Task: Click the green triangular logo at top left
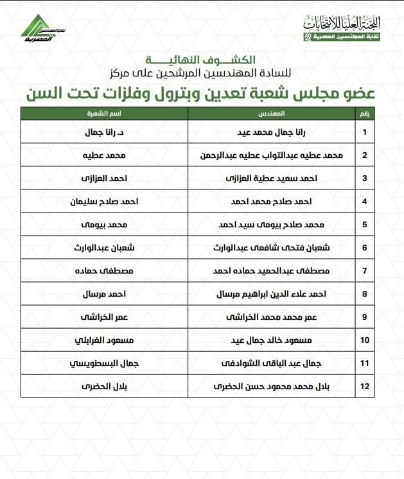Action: [39, 26]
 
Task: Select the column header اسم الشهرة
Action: [104, 113]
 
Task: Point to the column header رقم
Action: [364, 113]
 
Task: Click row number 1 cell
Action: [364, 132]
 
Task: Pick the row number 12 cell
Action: [364, 387]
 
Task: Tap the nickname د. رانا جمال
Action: [104, 132]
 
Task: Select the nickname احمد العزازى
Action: [104, 179]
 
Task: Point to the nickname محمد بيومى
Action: [104, 225]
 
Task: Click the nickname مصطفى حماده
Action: [104, 271]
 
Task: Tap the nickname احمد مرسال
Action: [104, 294]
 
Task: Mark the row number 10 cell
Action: [364, 340]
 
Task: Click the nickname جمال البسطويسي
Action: [104, 363]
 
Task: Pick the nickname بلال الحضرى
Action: [104, 387]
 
